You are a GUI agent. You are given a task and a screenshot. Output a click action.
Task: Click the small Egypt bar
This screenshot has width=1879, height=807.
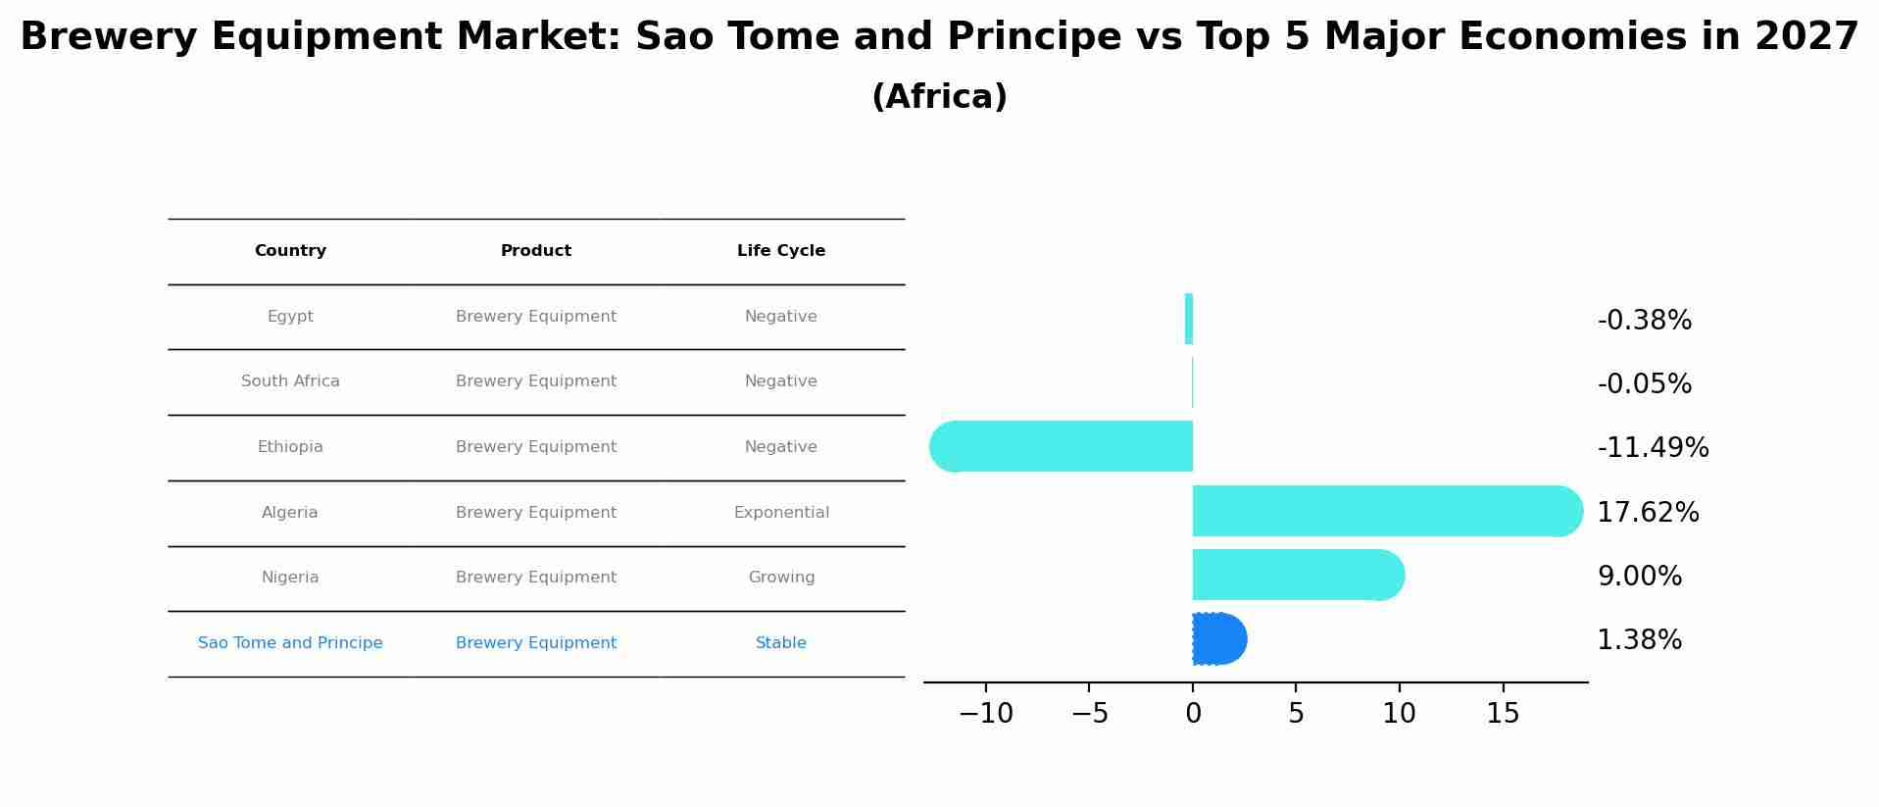[1189, 319]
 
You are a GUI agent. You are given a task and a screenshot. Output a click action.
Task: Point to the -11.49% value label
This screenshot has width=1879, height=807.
[1653, 448]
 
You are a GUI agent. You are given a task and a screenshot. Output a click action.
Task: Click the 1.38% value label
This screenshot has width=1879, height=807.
[1639, 640]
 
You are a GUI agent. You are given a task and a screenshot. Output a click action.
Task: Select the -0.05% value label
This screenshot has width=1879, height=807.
[1644, 384]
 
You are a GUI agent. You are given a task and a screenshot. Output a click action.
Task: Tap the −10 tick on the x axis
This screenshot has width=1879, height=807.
[985, 714]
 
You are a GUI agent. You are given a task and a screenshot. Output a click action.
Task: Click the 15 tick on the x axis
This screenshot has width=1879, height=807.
[1503, 714]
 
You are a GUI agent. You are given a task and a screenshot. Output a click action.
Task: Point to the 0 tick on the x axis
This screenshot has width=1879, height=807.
[1193, 714]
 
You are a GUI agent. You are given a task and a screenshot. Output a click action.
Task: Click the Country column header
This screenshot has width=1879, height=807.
[290, 251]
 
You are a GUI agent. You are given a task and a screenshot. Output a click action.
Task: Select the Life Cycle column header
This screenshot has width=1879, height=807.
[781, 251]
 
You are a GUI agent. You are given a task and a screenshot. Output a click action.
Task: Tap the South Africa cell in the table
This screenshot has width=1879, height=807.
[290, 381]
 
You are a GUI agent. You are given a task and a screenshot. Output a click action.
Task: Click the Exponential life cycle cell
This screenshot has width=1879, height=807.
[781, 513]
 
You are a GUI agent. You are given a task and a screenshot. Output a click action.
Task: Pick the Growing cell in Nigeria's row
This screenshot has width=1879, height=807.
[781, 578]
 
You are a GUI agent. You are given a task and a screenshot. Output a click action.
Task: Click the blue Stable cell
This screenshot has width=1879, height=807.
[781, 643]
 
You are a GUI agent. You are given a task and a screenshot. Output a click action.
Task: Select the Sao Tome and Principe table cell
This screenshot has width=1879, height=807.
[290, 643]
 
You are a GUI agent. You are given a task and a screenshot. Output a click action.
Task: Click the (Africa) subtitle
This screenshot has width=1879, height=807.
[939, 97]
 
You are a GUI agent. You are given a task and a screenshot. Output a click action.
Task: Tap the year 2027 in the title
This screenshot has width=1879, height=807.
[1805, 37]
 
